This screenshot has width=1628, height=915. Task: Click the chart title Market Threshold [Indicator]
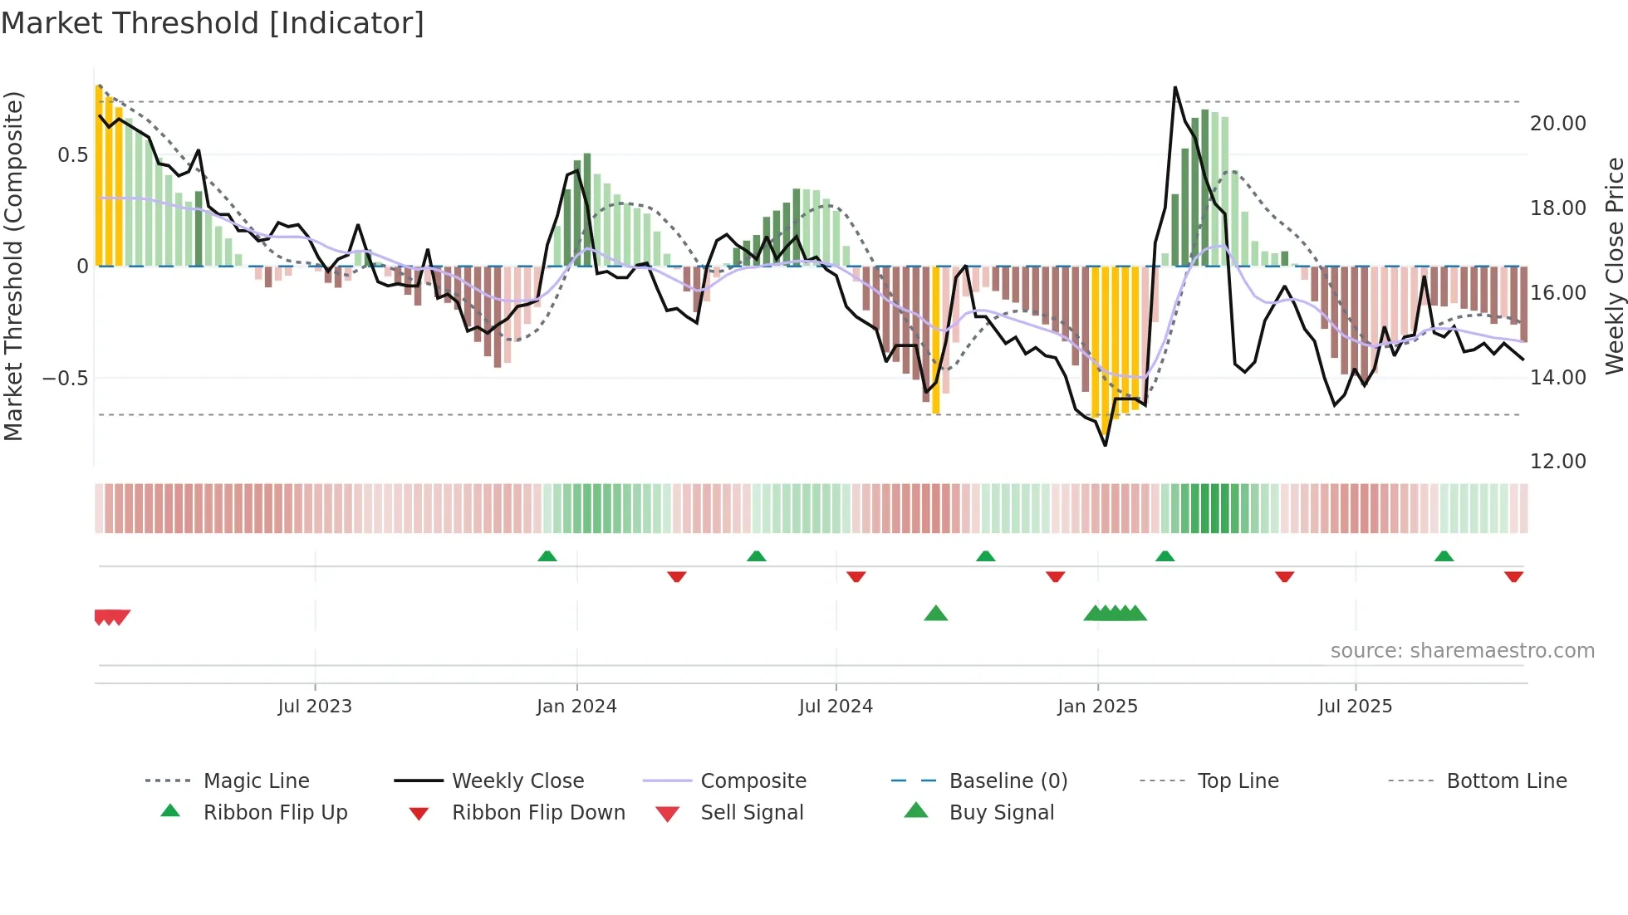(213, 23)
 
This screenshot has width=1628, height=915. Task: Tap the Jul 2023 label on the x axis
(315, 707)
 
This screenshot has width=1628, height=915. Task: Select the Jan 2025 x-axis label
(1097, 707)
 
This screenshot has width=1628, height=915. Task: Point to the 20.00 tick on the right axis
(1557, 124)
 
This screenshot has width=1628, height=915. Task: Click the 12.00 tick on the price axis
(1557, 462)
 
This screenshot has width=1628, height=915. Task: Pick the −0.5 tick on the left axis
(66, 379)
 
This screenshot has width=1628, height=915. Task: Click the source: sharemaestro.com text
(1462, 651)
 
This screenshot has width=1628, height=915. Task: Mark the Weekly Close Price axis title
(1614, 266)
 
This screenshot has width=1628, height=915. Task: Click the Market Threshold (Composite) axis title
(13, 266)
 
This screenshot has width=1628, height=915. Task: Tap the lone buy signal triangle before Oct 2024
(936, 614)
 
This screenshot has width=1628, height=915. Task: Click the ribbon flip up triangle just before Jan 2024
(547, 556)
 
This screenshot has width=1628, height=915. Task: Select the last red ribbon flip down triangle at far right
(1513, 576)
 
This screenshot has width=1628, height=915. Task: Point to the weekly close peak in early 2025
(1175, 87)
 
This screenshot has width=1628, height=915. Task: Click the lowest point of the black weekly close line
(1106, 445)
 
